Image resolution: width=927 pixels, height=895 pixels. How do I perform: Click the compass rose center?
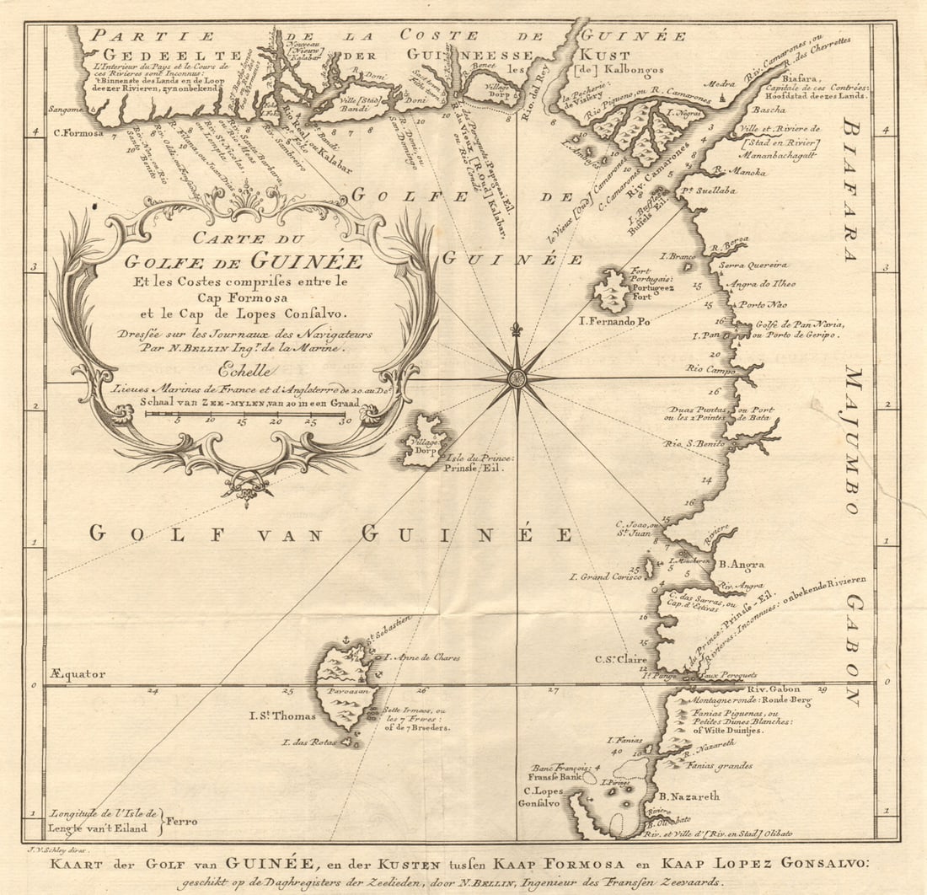[517, 378]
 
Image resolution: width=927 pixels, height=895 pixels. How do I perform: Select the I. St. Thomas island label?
[282, 716]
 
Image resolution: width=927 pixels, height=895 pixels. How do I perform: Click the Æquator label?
[78, 673]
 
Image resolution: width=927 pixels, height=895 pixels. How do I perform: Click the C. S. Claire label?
[621, 659]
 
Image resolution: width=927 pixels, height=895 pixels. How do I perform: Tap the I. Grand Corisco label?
[605, 577]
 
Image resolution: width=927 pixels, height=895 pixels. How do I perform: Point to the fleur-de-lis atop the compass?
[517, 329]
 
